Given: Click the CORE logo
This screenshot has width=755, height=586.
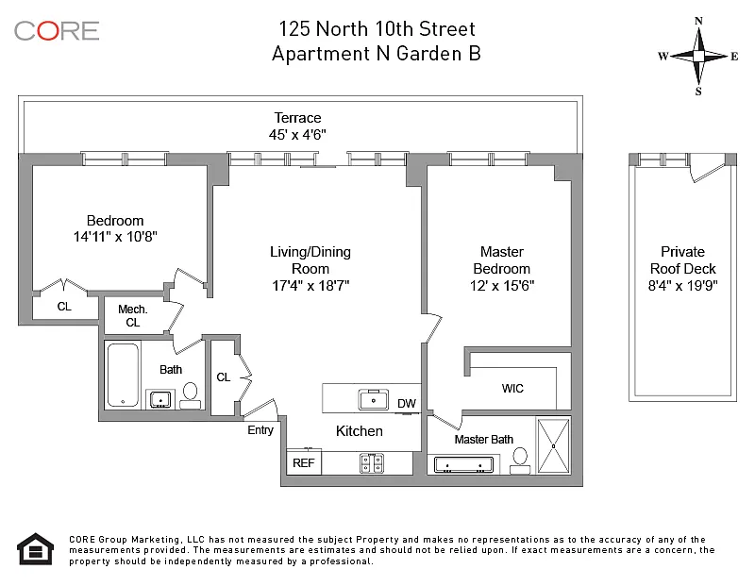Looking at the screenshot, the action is point(57,31).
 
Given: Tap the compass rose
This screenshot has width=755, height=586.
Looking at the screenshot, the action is point(698,57).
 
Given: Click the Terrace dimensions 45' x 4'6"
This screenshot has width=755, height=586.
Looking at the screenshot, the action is point(297,134).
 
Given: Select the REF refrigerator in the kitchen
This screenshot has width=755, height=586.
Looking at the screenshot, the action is point(304,462).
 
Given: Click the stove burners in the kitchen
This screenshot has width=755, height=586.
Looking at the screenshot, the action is point(371,462).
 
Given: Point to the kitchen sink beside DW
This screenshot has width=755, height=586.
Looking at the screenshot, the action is point(373,400).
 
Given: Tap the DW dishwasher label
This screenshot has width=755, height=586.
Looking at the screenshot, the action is point(407,404).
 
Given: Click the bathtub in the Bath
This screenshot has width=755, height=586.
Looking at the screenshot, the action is point(124,375).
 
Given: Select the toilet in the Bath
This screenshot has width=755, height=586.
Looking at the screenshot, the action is point(191,396).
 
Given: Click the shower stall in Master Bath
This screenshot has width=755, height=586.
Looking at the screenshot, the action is point(553,446).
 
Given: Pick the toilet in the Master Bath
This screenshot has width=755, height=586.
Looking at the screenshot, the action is point(520,460).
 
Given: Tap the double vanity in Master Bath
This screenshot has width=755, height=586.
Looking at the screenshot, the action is point(463,464).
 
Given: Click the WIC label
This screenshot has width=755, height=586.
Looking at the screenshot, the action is point(512,388).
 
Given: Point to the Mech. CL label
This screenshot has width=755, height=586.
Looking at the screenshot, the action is point(133,315).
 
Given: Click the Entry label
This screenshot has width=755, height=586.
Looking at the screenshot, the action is point(260,430).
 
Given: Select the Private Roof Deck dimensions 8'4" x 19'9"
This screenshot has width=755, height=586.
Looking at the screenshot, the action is point(682,286).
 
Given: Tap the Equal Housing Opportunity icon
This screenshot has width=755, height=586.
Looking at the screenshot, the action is point(36,549).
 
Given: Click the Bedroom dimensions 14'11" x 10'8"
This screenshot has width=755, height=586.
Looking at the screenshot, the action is point(115,237).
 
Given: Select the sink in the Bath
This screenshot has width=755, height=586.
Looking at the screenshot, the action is point(159,399).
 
